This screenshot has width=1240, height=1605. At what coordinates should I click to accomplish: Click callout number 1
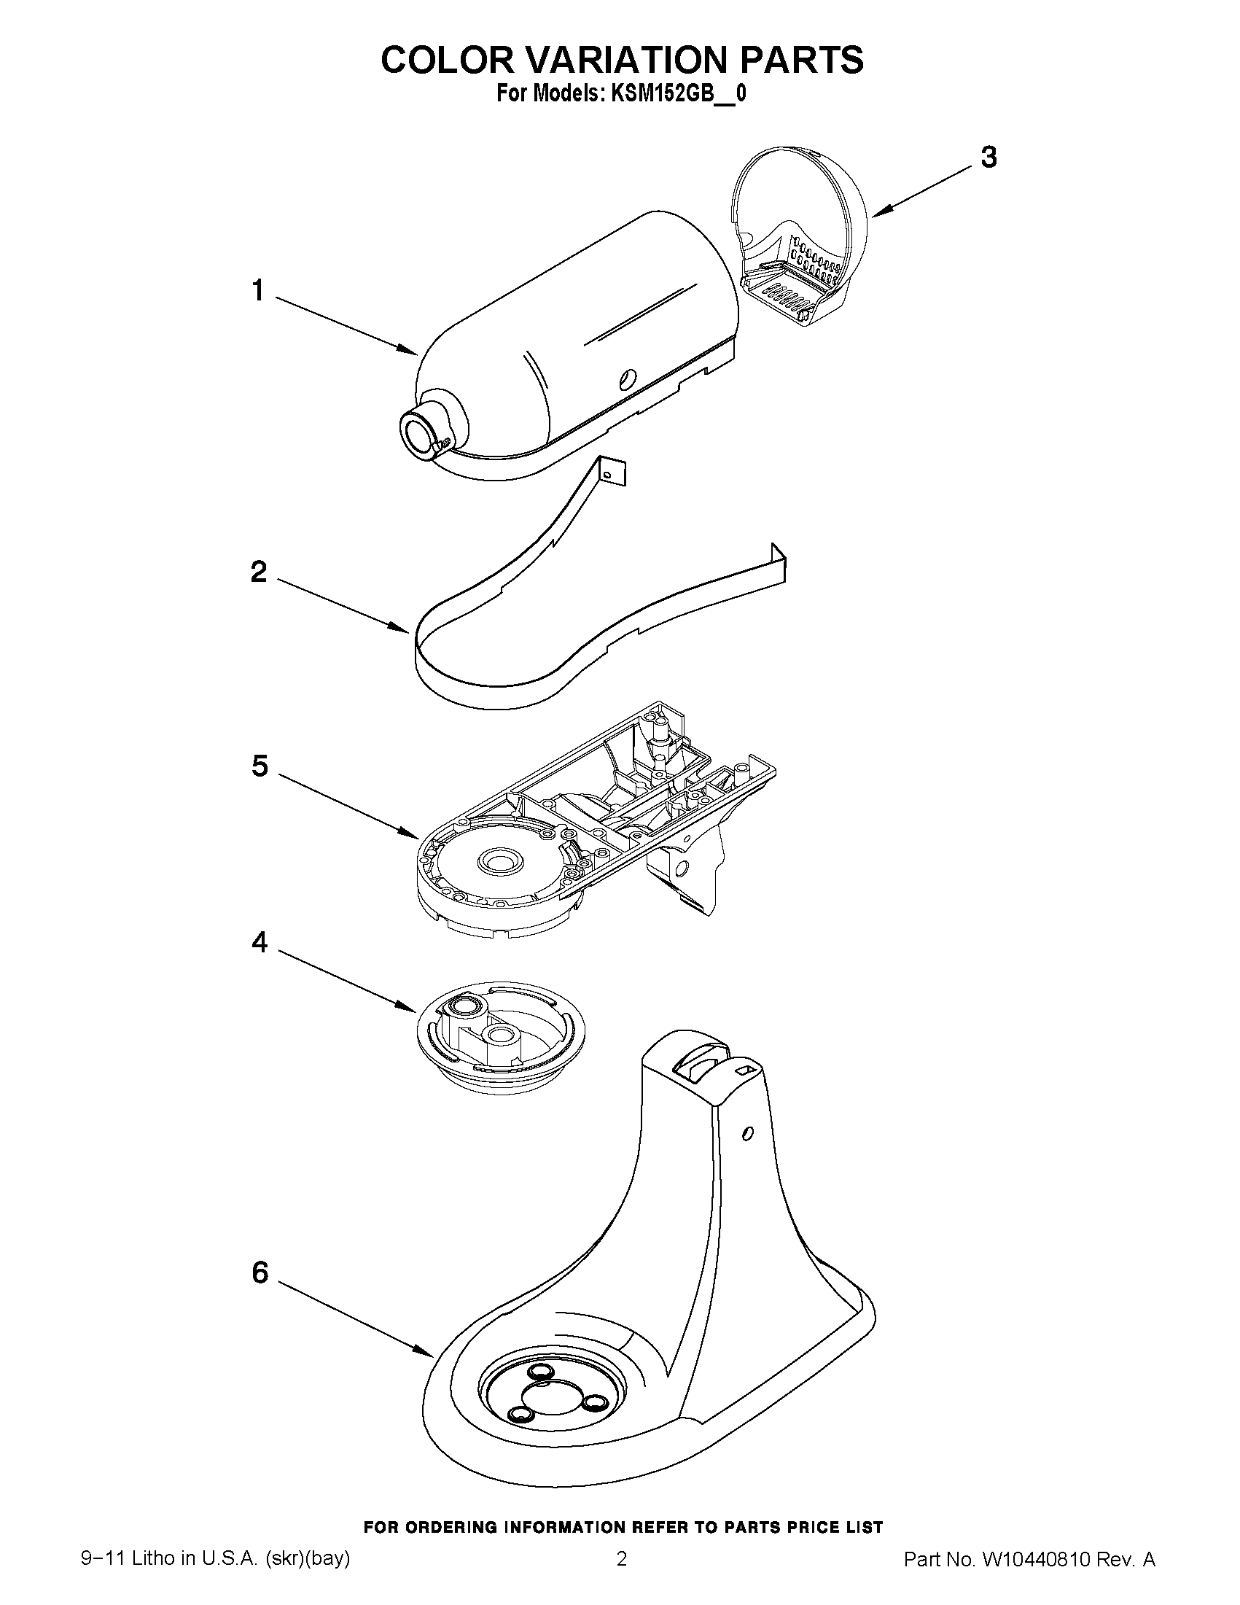pyautogui.click(x=257, y=291)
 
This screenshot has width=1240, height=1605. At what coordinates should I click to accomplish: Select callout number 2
pyautogui.click(x=259, y=571)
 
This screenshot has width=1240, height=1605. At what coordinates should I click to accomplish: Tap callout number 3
pyautogui.click(x=989, y=158)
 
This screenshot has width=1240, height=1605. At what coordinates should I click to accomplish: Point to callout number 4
pyautogui.click(x=260, y=941)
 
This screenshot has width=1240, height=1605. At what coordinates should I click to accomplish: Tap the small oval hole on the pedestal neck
pyautogui.click(x=747, y=1133)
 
